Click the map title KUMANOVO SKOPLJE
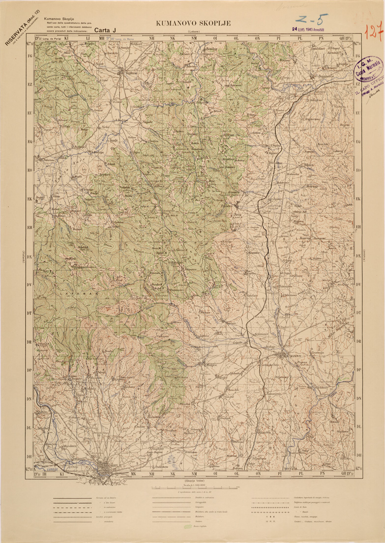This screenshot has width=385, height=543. (x=193, y=23)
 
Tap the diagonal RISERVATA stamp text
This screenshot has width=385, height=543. (x=22, y=29)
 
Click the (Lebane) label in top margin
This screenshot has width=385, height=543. (x=193, y=32)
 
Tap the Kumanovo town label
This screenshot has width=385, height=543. (x=291, y=356)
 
